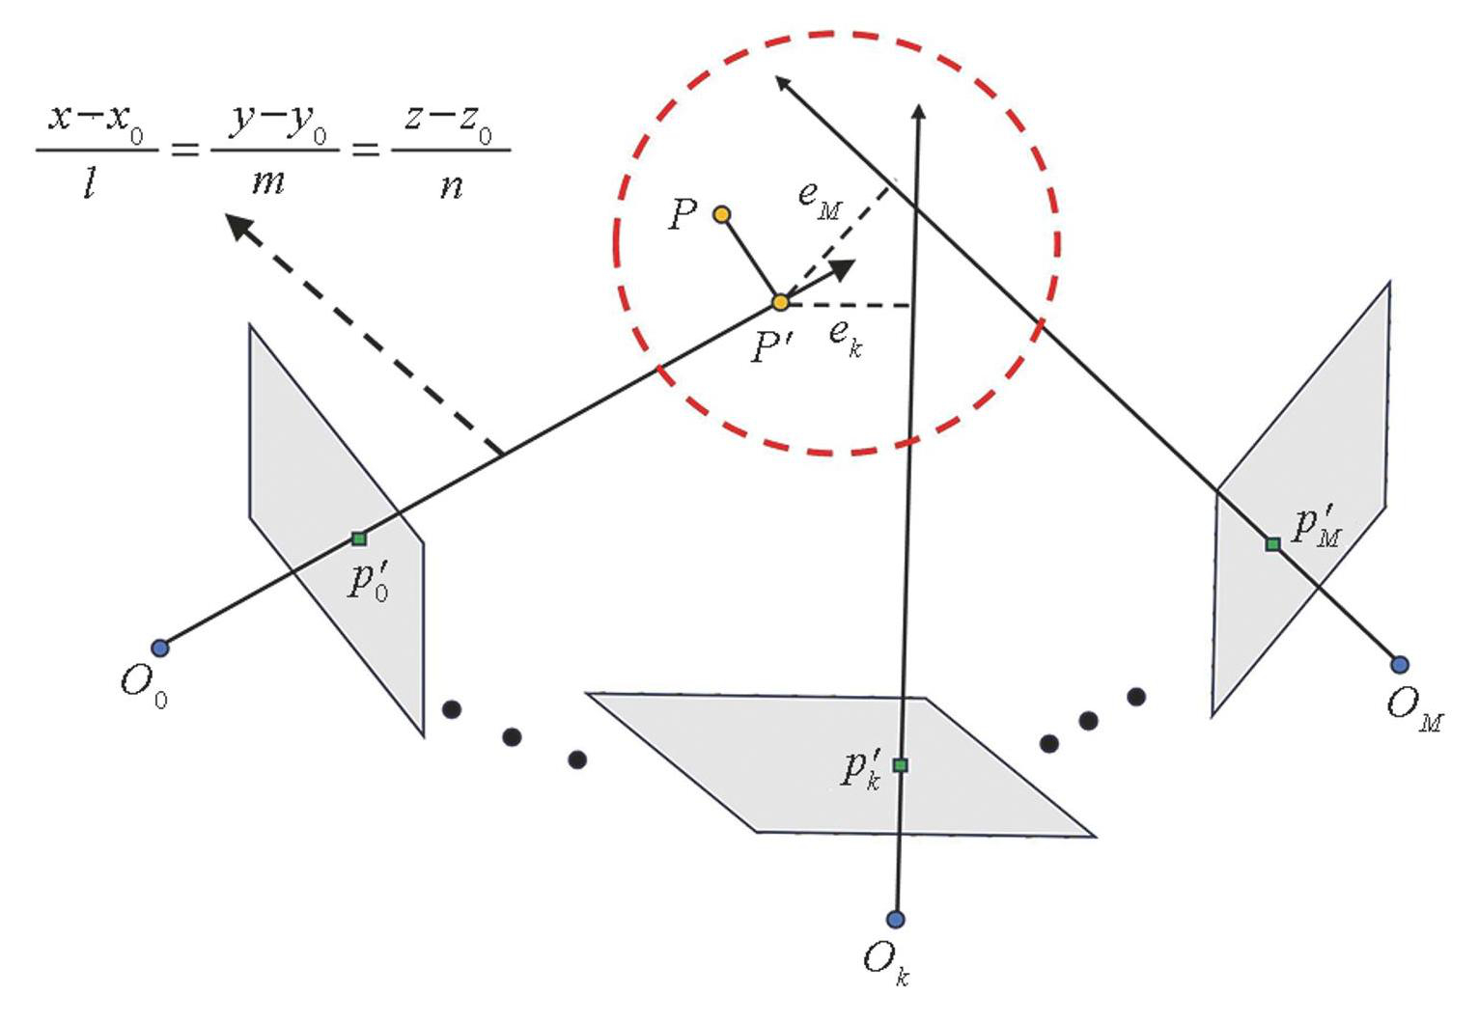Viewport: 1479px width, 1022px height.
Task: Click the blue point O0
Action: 160,648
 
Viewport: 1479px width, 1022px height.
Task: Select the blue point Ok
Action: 896,919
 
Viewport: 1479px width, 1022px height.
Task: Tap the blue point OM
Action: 1399,664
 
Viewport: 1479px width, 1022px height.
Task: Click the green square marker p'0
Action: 359,539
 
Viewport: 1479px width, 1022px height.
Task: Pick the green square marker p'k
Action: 900,765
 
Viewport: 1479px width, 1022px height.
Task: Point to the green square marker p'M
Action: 1272,544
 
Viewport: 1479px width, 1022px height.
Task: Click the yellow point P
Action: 721,214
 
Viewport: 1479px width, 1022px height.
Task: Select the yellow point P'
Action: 780,303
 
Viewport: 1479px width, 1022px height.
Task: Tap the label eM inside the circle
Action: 820,199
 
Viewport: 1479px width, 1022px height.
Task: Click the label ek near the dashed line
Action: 845,337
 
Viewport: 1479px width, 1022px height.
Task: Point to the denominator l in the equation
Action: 90,182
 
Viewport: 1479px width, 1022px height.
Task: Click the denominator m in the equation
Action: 268,181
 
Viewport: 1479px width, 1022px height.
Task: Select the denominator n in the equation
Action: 451,183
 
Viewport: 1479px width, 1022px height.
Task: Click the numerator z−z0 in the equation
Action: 449,121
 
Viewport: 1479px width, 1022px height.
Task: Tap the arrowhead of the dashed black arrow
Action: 237,227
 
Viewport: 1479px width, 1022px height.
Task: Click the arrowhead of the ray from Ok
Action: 919,112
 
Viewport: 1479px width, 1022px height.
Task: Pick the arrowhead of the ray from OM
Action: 783,83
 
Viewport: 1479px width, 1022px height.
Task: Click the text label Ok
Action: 885,961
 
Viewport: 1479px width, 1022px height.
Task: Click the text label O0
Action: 144,685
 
